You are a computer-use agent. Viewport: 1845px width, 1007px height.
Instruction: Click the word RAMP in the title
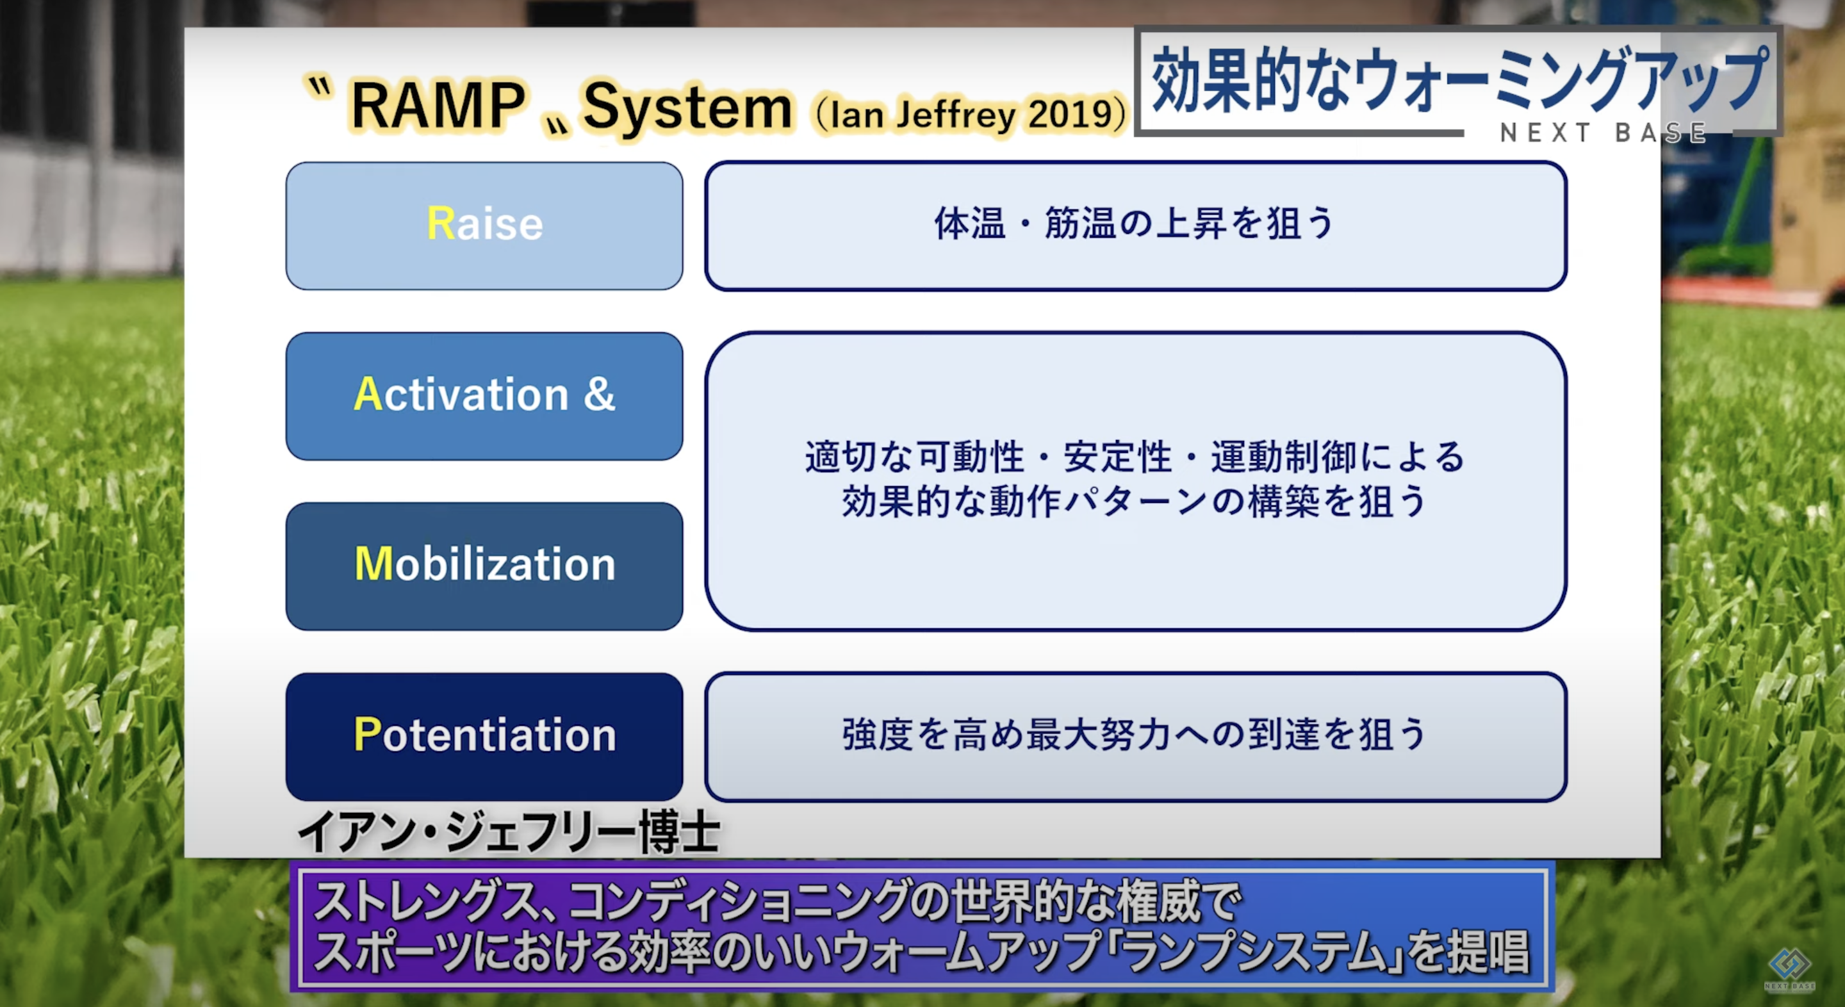[438, 105]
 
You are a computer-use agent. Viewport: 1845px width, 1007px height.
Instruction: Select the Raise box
[484, 225]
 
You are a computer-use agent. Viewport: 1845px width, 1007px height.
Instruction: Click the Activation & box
[484, 396]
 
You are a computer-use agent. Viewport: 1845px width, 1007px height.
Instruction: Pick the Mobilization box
[484, 566]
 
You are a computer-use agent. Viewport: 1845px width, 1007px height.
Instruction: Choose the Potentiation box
[484, 736]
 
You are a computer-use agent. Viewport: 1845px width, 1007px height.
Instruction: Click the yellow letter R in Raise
[441, 223]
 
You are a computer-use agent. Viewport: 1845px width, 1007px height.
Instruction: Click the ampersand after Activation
[599, 393]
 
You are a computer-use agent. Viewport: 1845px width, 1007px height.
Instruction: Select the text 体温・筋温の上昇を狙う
[1135, 223]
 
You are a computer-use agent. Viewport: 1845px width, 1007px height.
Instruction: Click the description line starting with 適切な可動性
[1135, 456]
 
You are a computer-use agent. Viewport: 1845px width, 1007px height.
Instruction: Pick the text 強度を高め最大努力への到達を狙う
[1135, 734]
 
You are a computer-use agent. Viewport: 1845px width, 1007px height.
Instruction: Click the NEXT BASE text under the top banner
[1603, 133]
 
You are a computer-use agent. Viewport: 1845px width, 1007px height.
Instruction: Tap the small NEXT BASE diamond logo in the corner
[1789, 969]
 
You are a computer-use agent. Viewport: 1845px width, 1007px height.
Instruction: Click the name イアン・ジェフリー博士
[509, 832]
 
